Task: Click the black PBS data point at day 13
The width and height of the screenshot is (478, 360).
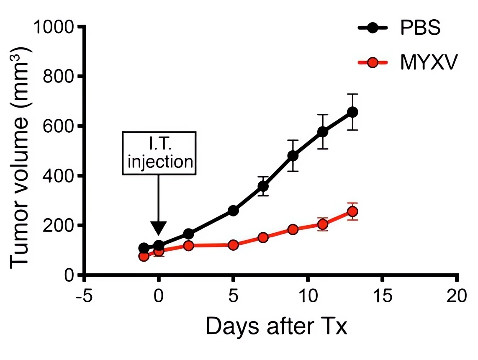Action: (352, 112)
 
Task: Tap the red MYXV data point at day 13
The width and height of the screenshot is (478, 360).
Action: (352, 211)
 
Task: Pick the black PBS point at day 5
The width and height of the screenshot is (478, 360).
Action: (233, 211)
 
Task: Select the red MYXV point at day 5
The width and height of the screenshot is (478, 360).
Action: (233, 245)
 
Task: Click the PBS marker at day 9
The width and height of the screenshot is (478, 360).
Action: (293, 156)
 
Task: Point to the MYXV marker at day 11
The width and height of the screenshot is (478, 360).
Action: (323, 224)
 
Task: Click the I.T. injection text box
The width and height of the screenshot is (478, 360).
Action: (159, 153)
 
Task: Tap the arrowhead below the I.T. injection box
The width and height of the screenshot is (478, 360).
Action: (159, 228)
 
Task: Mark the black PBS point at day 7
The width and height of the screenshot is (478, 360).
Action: (263, 186)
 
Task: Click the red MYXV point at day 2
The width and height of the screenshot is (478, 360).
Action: (188, 245)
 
